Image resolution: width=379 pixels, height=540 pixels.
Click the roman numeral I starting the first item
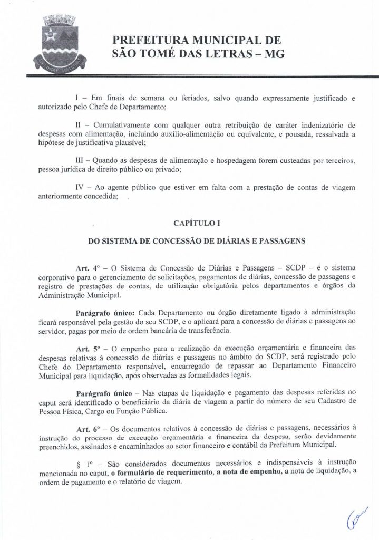77,99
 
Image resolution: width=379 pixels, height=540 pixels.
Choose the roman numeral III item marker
81,160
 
